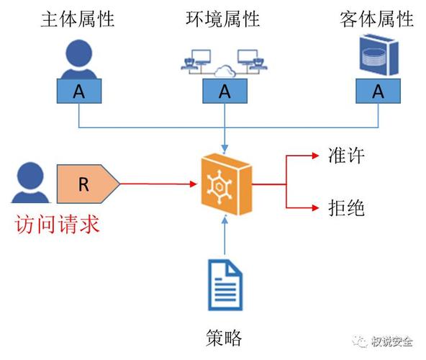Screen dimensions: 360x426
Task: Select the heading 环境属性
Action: (x=225, y=19)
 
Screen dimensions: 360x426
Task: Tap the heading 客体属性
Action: (x=377, y=19)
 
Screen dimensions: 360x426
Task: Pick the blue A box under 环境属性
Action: (x=225, y=91)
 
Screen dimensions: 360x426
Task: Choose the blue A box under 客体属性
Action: (x=378, y=91)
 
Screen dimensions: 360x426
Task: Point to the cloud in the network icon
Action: (x=225, y=70)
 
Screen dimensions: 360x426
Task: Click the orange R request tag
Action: (x=87, y=184)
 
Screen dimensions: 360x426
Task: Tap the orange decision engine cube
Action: (x=225, y=185)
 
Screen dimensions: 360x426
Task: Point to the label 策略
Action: (x=223, y=337)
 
